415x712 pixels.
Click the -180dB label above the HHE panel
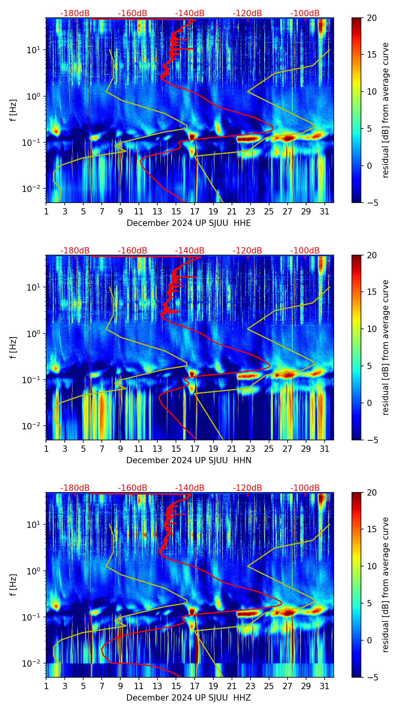pos(75,13)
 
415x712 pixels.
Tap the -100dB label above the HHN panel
pos(305,251)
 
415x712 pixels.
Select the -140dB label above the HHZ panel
pos(190,488)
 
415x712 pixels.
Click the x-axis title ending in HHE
pos(189,223)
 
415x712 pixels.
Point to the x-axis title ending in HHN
pos(189,460)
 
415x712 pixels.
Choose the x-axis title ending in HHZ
pos(189,698)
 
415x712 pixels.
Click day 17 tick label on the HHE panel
pos(195,211)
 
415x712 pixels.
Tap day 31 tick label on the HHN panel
pos(325,449)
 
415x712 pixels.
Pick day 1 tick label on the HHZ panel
pos(47,686)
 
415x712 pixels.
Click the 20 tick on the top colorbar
pos(372,18)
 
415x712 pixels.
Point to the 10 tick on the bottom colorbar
pos(372,566)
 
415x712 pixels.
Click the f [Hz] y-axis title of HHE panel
pos(14,110)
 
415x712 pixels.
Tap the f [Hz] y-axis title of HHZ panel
pos(14,585)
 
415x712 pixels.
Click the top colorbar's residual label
pos(385,110)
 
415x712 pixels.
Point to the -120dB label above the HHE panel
pos(247,13)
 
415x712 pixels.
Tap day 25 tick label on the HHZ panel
pos(269,686)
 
